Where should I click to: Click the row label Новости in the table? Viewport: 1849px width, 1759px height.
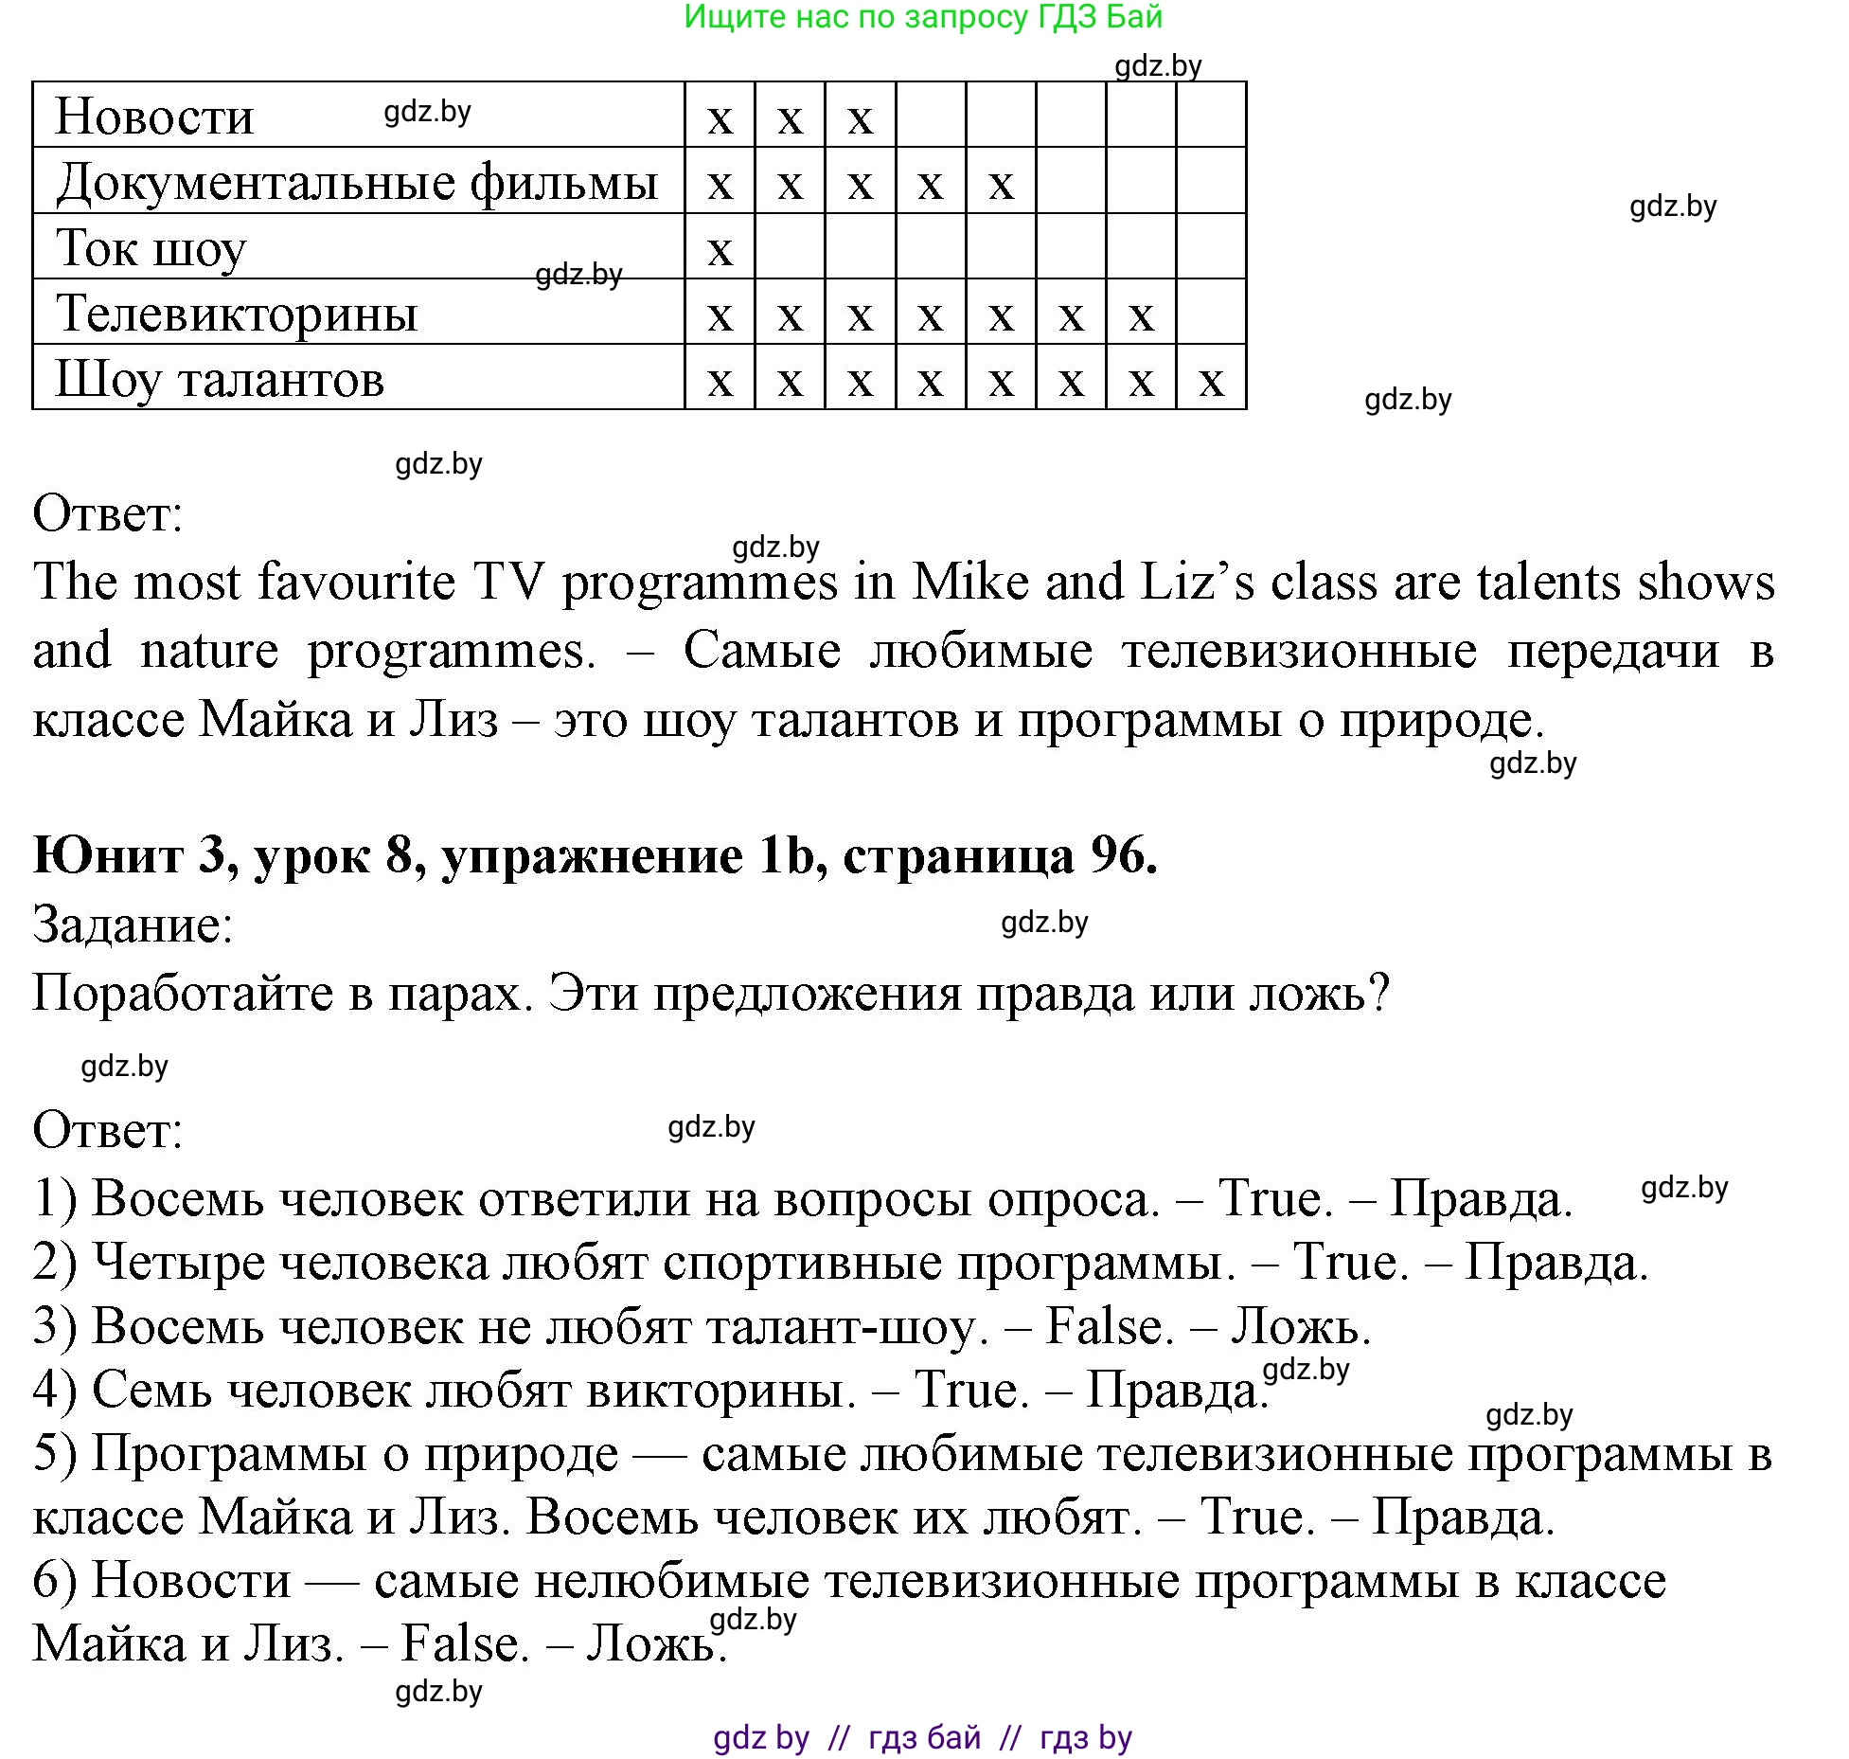(154, 117)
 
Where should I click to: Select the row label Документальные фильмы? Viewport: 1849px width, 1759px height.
(357, 182)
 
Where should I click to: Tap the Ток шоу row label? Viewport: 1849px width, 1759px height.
(151, 248)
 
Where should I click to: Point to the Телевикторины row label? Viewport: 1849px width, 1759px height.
(237, 314)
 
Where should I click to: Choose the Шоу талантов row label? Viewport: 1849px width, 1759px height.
(220, 379)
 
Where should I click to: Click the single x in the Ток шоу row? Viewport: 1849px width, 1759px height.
(720, 250)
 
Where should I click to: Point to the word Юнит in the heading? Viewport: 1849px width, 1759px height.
(108, 855)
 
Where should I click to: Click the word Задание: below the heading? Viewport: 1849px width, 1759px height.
(133, 924)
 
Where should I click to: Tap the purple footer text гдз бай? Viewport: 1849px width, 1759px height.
(924, 1737)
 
